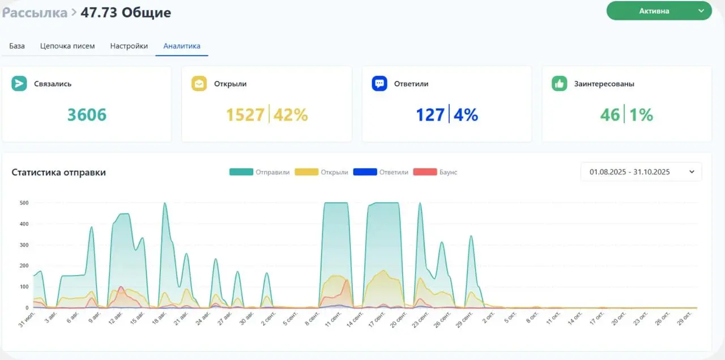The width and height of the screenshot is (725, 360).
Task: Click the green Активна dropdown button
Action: coord(659,11)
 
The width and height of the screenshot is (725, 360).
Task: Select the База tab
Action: coord(17,46)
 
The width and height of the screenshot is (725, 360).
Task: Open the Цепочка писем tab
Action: coord(67,46)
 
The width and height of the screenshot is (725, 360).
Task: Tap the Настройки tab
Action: coord(129,46)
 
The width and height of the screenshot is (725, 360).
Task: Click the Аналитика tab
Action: coord(182,46)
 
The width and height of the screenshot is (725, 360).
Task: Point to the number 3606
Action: coord(87,115)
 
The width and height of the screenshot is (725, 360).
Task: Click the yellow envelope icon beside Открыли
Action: coord(199,84)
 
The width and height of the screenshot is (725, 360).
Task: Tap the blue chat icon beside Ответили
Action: coord(379,84)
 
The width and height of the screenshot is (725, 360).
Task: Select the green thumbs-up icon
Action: coord(559,84)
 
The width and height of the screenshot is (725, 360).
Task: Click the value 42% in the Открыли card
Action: coord(291,115)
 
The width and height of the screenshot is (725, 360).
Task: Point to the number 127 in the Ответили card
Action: coord(430,115)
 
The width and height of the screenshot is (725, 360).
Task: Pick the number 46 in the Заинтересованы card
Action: coord(610,115)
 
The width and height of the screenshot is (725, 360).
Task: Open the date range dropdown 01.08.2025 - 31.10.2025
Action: coord(641,172)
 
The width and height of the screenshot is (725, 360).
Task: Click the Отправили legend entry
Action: coord(259,172)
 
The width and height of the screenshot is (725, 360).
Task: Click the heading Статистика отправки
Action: coord(58,172)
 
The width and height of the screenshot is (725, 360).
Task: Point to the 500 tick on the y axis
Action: coord(24,203)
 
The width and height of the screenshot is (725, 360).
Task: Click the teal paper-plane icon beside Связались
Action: coord(19,84)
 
